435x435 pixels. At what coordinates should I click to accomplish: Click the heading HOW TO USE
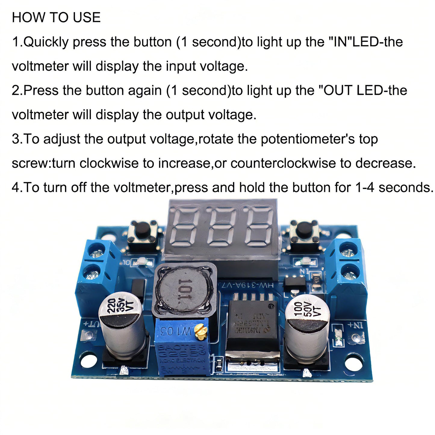[56, 17]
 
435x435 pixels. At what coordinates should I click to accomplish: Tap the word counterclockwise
[283, 163]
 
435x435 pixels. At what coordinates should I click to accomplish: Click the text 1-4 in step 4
[365, 188]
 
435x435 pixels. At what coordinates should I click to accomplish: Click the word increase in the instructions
[184, 163]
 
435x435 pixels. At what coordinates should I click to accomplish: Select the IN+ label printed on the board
[355, 325]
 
